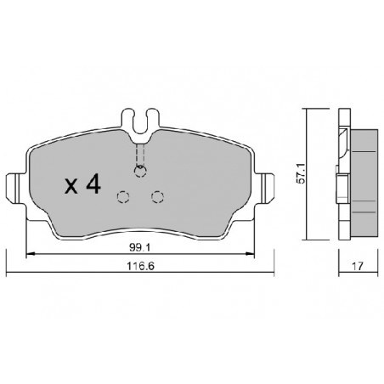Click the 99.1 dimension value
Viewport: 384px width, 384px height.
(x=139, y=247)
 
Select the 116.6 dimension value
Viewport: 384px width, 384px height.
(x=140, y=266)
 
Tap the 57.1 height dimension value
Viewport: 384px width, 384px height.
(x=301, y=173)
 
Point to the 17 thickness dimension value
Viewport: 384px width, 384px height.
(x=358, y=266)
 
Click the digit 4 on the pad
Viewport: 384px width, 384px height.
(x=93, y=184)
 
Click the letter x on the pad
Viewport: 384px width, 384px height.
(x=71, y=186)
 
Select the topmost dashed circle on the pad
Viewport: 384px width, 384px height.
(x=140, y=172)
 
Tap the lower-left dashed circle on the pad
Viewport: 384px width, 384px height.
(x=123, y=197)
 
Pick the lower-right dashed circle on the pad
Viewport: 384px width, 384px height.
(x=157, y=197)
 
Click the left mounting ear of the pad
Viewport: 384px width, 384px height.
(x=13, y=188)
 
